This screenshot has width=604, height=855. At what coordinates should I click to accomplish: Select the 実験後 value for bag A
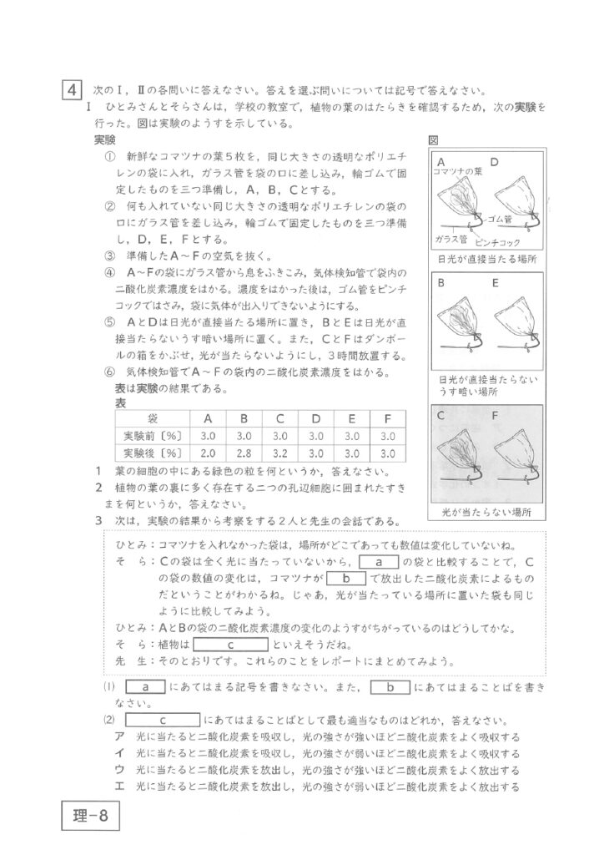click(x=208, y=453)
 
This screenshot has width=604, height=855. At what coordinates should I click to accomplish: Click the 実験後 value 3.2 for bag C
click(x=279, y=453)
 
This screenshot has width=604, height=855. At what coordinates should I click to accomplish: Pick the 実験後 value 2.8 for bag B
click(x=244, y=453)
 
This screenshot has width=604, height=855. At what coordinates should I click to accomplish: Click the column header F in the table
click(x=386, y=417)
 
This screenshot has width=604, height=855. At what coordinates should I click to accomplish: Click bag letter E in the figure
click(x=496, y=283)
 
